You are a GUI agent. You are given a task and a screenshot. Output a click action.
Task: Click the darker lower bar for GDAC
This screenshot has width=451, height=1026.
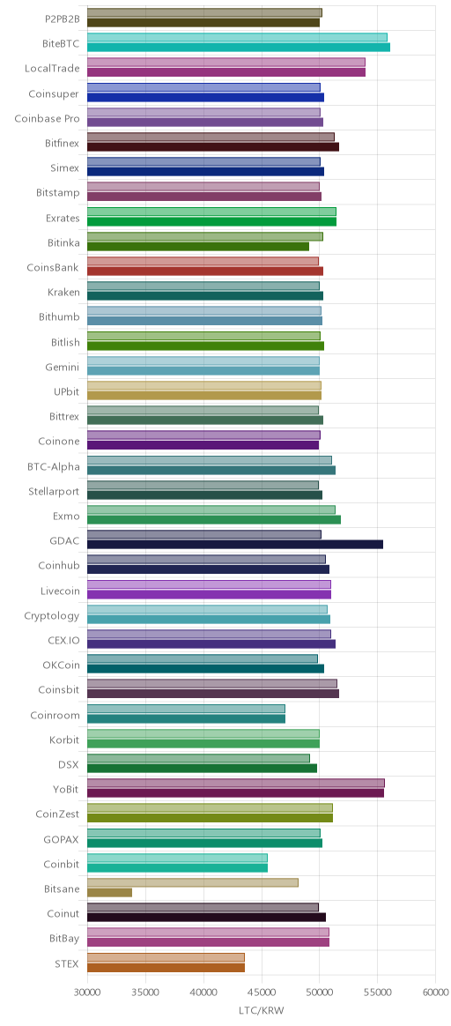tap(234, 545)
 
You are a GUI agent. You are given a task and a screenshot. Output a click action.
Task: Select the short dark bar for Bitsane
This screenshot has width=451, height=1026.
tap(109, 893)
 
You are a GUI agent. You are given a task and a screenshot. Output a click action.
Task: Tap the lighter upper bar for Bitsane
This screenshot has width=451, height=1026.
tap(192, 882)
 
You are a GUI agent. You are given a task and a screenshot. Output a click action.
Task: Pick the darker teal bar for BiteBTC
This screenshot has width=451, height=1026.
tap(238, 47)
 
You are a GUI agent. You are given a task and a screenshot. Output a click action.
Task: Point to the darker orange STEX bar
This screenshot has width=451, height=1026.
tap(166, 967)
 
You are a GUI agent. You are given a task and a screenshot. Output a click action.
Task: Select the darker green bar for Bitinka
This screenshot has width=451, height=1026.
tap(197, 246)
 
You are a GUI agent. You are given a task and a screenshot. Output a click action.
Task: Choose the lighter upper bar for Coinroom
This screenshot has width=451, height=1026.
tap(186, 709)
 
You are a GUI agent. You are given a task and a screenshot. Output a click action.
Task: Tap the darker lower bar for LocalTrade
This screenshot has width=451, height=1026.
tap(226, 72)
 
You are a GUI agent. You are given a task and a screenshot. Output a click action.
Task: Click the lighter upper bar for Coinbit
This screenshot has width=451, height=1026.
tap(177, 858)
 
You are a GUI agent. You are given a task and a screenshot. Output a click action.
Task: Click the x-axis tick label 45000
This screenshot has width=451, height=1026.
tap(262, 992)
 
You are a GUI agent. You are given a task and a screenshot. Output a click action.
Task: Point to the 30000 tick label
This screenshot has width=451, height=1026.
tap(87, 992)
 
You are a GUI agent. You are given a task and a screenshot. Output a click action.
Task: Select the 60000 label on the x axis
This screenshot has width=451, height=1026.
tap(435, 992)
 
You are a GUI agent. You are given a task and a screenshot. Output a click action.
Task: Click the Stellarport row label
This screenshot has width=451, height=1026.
tap(55, 491)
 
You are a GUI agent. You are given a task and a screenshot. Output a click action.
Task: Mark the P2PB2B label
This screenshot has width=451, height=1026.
tap(62, 19)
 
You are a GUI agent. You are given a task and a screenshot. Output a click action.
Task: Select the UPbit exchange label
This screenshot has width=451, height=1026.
tap(67, 391)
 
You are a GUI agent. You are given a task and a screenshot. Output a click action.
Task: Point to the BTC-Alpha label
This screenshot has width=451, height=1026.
tap(54, 466)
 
